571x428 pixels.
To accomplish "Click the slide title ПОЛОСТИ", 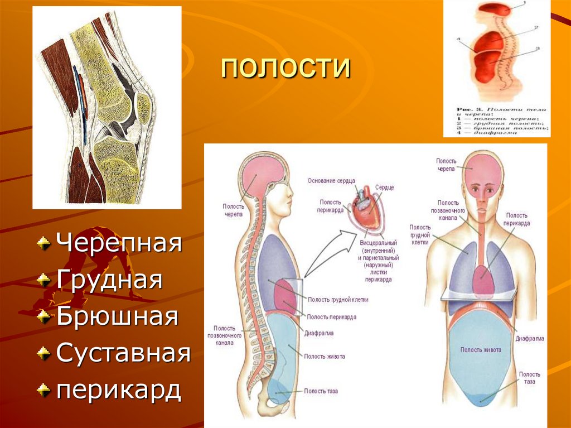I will tap(285, 68).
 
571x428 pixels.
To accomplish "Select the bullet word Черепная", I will tap(119, 244).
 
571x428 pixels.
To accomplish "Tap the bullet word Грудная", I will tap(109, 280).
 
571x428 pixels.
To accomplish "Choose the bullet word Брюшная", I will tap(117, 316).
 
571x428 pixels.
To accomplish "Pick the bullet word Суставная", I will tap(123, 353).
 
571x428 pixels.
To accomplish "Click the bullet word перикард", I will tap(118, 389).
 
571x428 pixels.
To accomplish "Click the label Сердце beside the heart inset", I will tap(384, 187).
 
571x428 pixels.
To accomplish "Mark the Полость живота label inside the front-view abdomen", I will tap(480, 350).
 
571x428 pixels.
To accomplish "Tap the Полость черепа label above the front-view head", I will tap(446, 164).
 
